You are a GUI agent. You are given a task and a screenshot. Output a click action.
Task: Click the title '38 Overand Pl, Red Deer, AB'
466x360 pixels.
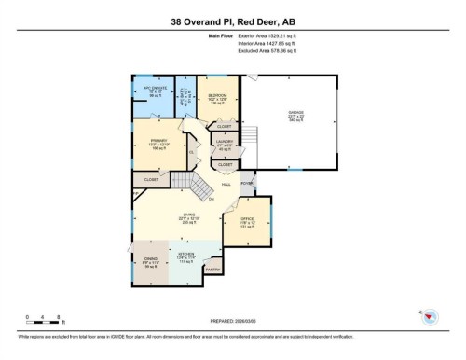pos(232,20)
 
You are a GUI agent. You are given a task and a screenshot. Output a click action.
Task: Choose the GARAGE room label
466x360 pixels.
pos(295,114)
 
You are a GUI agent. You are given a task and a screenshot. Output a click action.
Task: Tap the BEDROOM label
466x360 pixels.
pos(217,95)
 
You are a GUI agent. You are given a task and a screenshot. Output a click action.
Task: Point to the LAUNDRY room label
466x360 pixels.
pos(225,144)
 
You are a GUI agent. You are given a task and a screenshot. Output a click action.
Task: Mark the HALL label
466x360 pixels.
pos(226,185)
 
